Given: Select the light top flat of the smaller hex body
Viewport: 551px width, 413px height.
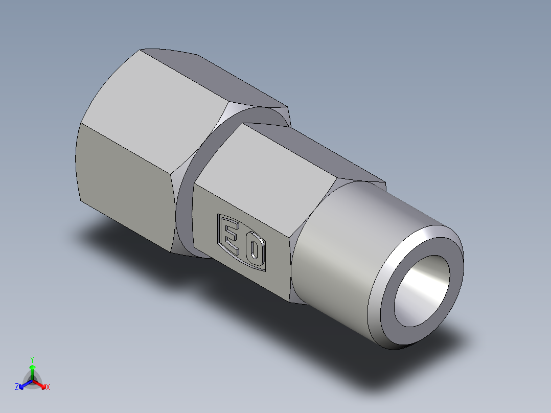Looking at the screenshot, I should [x=266, y=164].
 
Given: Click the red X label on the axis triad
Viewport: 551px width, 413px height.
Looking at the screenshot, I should [x=48, y=387].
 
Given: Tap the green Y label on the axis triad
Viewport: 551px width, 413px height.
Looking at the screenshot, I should [x=32, y=359].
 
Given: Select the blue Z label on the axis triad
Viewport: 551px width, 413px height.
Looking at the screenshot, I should [x=17, y=387].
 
